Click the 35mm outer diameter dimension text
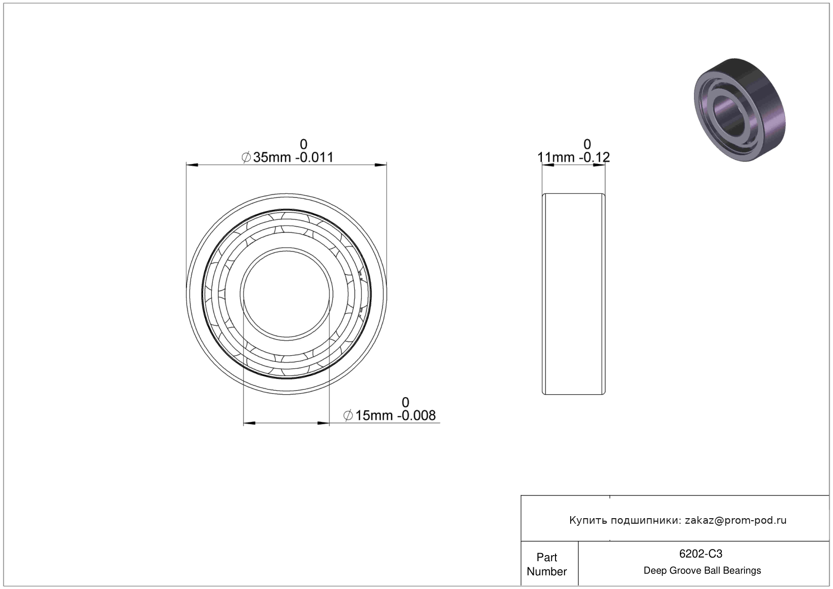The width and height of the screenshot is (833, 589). tap(272, 157)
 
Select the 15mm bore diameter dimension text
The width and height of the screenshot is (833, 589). tap(375, 415)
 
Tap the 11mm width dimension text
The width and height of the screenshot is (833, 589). tap(556, 157)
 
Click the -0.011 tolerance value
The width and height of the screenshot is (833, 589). tap(314, 157)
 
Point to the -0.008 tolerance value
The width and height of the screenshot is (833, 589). tap(416, 415)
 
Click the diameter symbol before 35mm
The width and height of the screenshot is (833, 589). tap(246, 157)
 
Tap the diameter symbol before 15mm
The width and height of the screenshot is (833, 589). tap(348, 415)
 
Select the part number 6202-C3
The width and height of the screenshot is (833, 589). tap(701, 554)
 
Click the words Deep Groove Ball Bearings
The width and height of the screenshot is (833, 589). tap(702, 570)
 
